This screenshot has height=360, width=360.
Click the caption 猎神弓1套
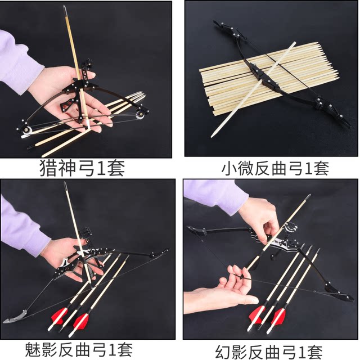82,168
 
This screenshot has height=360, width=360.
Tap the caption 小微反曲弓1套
275,168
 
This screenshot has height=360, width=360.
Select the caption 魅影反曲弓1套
79,349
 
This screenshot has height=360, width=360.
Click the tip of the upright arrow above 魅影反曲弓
65,184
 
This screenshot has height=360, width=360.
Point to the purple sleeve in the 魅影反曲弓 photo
22,227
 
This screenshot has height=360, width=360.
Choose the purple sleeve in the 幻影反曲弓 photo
216,197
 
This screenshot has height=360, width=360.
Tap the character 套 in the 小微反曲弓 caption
321,168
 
